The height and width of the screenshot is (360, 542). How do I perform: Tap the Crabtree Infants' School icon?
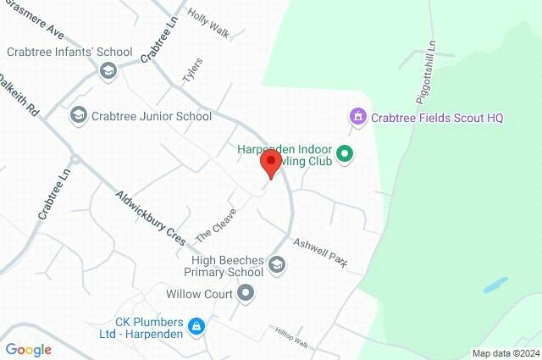[x=108, y=70]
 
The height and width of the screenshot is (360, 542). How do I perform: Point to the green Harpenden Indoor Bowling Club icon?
[x=345, y=154]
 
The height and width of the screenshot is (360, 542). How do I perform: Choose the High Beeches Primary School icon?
[x=277, y=266]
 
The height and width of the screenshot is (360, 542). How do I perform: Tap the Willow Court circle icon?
[x=246, y=294]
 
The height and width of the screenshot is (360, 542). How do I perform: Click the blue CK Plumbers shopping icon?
[x=196, y=325]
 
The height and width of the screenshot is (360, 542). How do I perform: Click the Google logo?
[x=28, y=350]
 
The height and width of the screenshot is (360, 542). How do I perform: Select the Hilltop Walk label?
[x=290, y=335]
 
